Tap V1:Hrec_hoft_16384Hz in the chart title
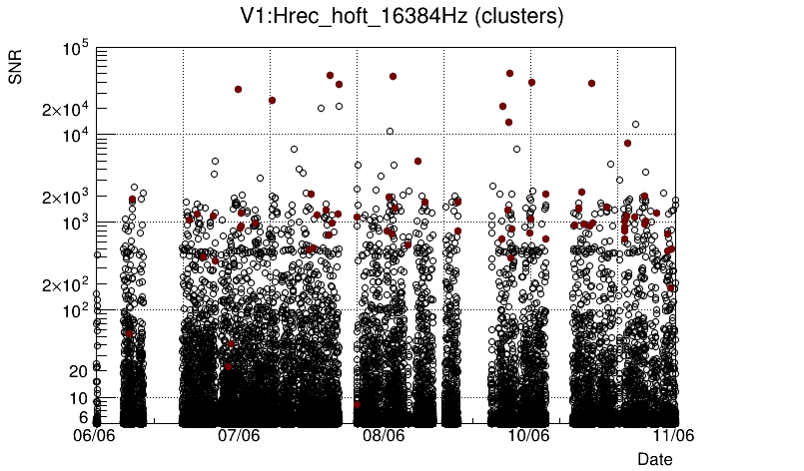[343, 17]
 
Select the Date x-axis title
[655, 458]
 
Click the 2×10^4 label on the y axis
[65, 109]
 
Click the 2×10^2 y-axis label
[65, 285]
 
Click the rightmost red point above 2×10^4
[591, 84]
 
